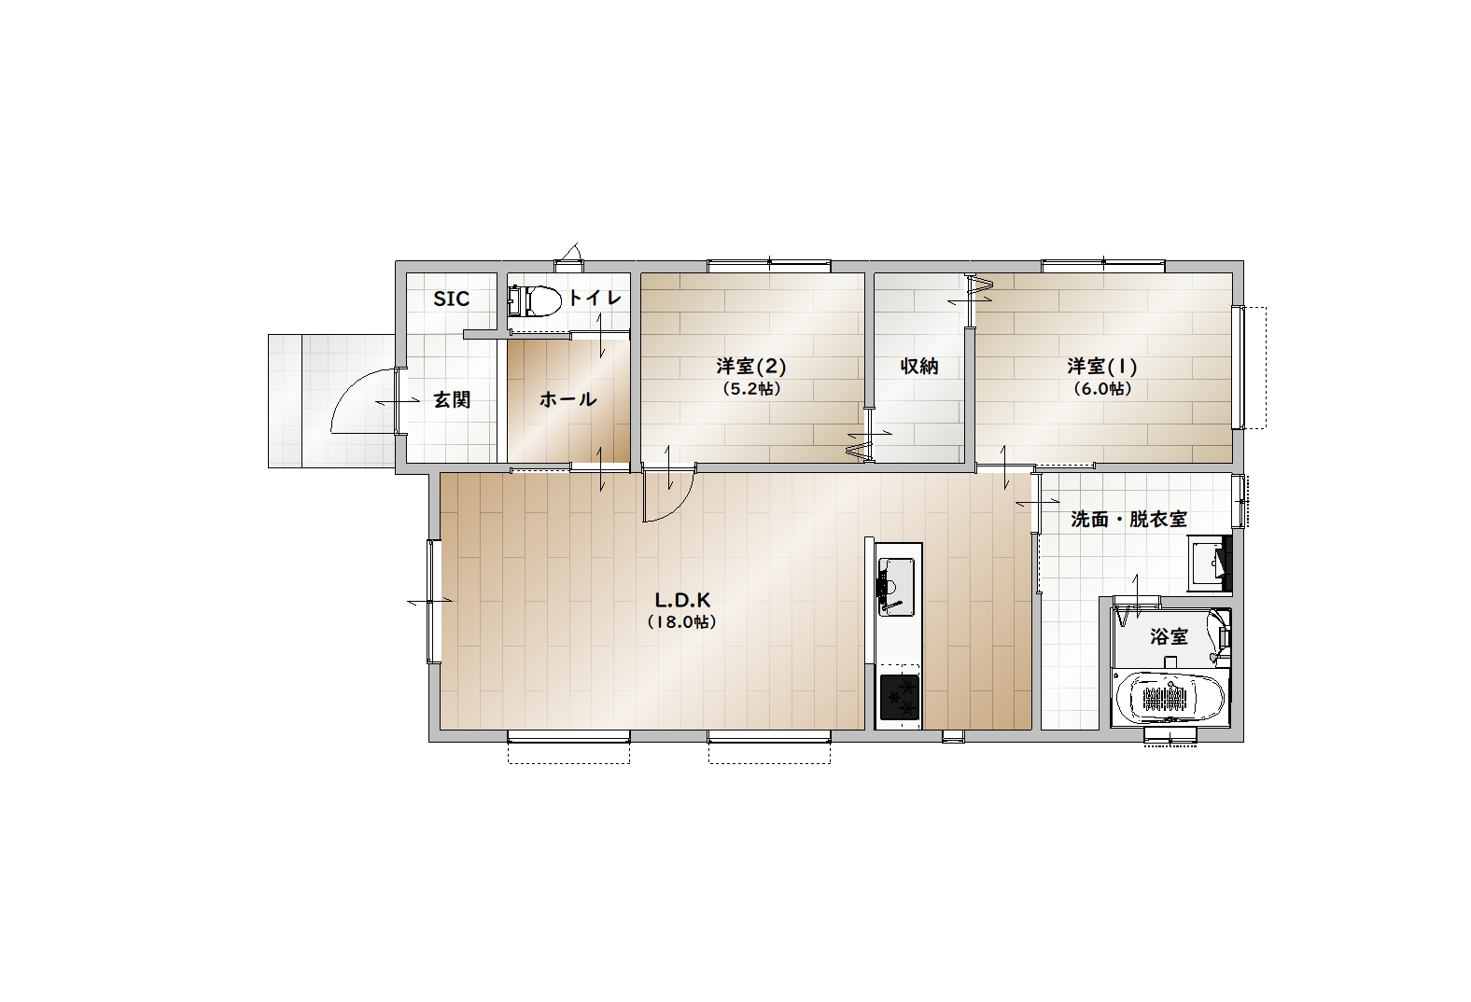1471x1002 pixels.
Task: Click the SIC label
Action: (x=451, y=299)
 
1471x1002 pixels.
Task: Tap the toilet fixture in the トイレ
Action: (x=534, y=301)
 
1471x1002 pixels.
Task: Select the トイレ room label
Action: (x=595, y=299)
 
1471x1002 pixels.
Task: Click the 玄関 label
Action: (x=452, y=399)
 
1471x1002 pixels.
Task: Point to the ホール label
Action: (x=568, y=399)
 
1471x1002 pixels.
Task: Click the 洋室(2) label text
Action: (x=751, y=366)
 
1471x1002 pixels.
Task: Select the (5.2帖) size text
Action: (x=752, y=389)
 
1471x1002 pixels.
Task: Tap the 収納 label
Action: (x=918, y=366)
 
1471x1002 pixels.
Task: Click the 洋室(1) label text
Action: (x=1102, y=366)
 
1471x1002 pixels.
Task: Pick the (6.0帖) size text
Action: (x=1102, y=389)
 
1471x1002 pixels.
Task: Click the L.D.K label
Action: (x=682, y=600)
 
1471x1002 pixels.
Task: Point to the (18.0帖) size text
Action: (x=681, y=621)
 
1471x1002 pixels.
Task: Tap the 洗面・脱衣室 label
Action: (x=1128, y=520)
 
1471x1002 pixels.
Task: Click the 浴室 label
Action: (x=1169, y=636)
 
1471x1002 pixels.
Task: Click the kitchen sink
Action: (x=896, y=586)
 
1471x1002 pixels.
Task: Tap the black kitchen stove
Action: (x=899, y=697)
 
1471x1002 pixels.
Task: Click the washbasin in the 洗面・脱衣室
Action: (x=1209, y=563)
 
